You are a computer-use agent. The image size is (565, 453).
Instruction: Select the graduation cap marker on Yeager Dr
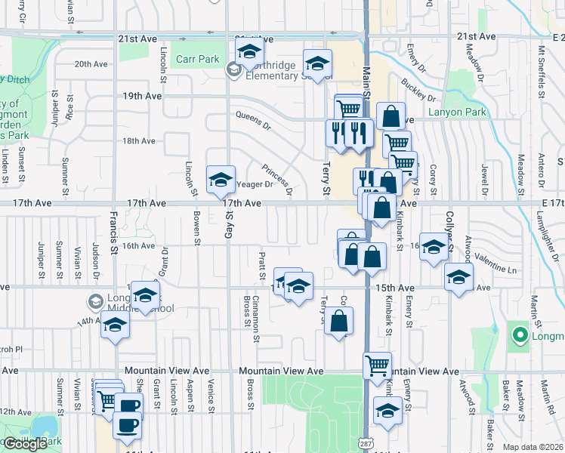click(221, 180)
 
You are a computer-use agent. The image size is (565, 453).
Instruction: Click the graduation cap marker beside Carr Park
click(249, 53)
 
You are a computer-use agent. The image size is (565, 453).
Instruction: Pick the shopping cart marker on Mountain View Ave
click(377, 366)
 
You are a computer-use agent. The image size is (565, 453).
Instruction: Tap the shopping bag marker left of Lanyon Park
click(390, 117)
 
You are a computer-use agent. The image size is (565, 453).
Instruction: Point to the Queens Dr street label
click(252, 116)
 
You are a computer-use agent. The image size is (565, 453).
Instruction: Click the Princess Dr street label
click(276, 179)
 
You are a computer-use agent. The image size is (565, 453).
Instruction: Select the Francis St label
click(114, 226)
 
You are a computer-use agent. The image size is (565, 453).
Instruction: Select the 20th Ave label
click(92, 64)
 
